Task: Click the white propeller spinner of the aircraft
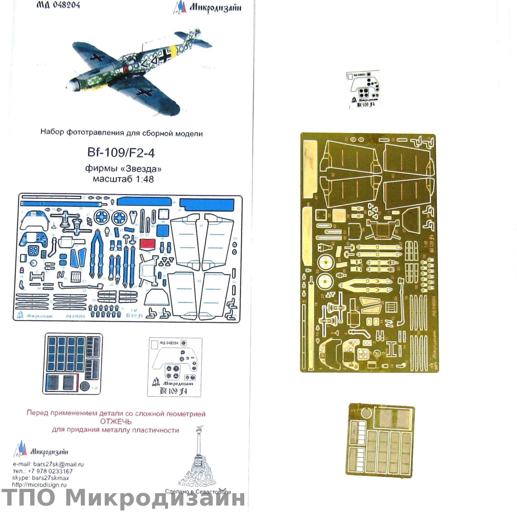point(71,86)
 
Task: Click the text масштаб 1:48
point(123,179)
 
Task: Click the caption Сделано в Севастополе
point(198,492)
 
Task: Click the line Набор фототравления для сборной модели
point(121,133)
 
